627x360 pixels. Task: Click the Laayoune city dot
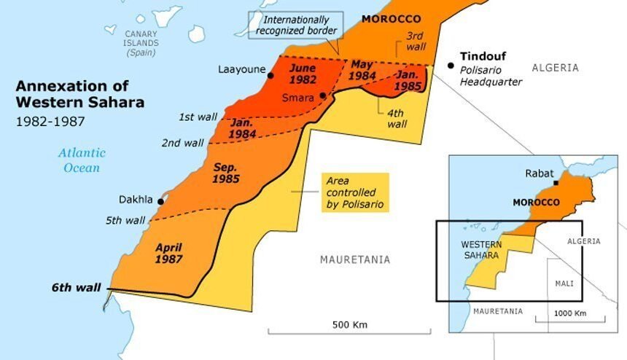tap(270, 75)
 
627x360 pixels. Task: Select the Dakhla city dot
tap(160, 200)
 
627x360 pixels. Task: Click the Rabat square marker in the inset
tap(556, 183)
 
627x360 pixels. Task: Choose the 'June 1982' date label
tap(303, 73)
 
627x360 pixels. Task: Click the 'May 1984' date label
tap(362, 69)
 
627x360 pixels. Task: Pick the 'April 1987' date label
tap(168, 252)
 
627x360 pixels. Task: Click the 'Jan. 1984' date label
tap(243, 128)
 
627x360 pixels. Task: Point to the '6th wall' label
tap(75, 287)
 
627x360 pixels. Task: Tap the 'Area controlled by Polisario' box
tap(355, 192)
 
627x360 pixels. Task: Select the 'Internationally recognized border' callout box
tap(295, 25)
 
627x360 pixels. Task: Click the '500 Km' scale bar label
tap(349, 324)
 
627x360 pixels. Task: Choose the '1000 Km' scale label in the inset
tap(569, 313)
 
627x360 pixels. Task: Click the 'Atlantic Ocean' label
tap(81, 160)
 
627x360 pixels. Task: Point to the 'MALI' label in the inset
tap(564, 283)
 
